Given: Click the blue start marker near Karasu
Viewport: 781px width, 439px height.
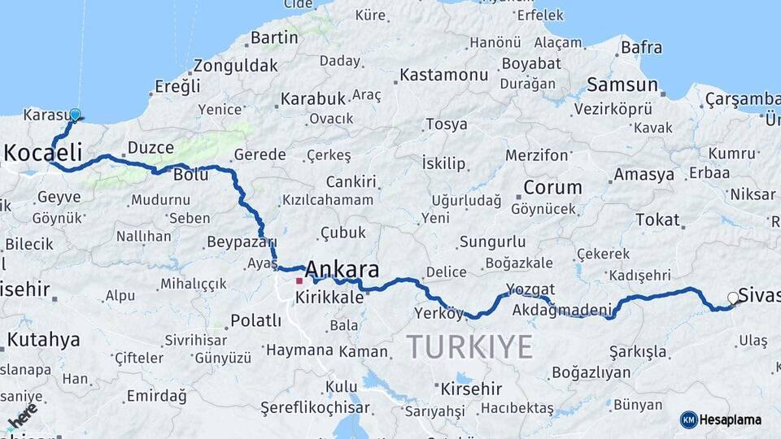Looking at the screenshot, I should tap(75, 115).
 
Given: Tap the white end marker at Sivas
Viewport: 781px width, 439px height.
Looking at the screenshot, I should tap(733, 298).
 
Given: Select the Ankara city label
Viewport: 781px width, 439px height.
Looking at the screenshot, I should tap(342, 269).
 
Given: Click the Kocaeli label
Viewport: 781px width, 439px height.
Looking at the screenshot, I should tap(43, 152).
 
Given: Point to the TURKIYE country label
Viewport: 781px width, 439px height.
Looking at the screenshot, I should tap(469, 346).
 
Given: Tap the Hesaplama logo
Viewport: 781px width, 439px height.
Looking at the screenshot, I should tap(721, 419).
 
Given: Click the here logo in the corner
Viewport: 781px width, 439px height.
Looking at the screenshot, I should tap(22, 415).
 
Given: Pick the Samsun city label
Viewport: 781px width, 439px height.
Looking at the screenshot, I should tap(622, 85).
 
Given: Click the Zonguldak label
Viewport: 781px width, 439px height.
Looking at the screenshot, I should tap(234, 67).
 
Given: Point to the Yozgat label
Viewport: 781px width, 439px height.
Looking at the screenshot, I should tap(530, 289).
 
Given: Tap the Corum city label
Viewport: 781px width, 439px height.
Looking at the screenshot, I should tap(552, 188).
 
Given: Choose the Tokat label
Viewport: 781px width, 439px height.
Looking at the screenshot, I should tap(657, 219).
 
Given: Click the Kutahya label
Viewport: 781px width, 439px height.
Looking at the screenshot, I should tap(43, 340).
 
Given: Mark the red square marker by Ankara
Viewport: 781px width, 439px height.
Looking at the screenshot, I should tap(299, 280).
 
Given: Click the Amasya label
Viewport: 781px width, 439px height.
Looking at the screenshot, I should tap(644, 175).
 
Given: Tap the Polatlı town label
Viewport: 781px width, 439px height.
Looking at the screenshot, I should tap(255, 320).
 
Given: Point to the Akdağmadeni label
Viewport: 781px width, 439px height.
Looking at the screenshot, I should tap(562, 310).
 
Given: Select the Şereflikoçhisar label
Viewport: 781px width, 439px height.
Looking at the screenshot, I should tap(315, 408).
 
